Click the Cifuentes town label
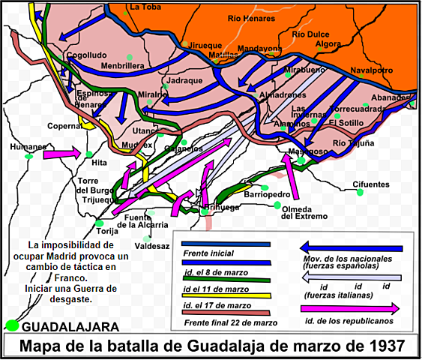click(x=372, y=184)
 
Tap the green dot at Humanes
click(x=29, y=157)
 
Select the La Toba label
click(x=145, y=7)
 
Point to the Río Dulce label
click(x=309, y=34)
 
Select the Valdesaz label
click(x=151, y=245)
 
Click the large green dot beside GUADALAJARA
click(x=11, y=327)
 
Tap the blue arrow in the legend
click(x=350, y=247)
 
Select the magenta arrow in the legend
click(x=350, y=308)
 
